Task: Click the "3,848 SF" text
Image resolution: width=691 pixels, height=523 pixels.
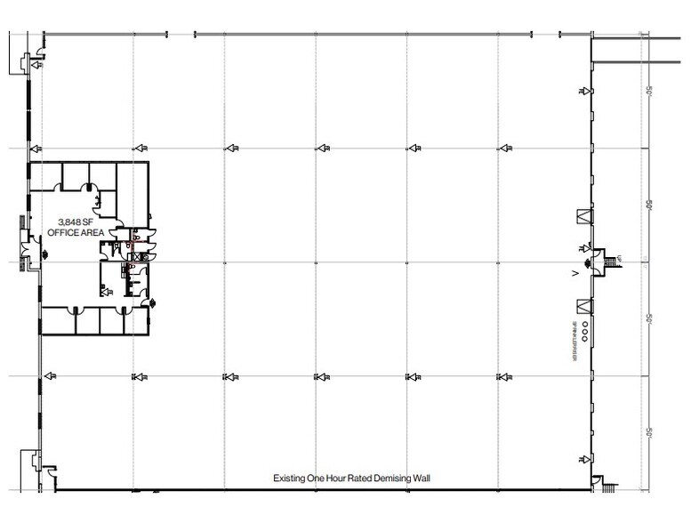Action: tap(76, 221)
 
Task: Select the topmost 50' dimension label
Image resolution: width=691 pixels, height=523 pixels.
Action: tap(650, 92)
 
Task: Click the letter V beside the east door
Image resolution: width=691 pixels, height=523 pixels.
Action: tap(575, 274)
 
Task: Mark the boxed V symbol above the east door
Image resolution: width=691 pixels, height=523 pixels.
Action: tap(584, 215)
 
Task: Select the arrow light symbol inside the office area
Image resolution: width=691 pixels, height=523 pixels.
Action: tap(105, 290)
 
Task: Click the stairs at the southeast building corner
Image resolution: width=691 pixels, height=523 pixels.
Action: tap(607, 486)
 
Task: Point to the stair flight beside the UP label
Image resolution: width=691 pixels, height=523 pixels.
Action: tap(610, 261)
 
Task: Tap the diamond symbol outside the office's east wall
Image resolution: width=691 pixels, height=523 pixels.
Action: tap(155, 303)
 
